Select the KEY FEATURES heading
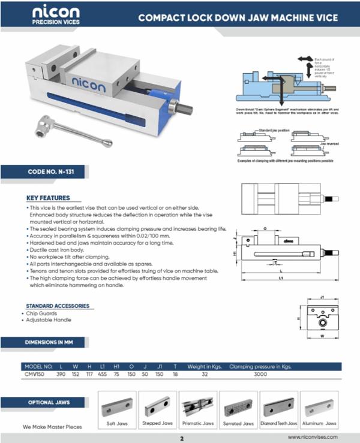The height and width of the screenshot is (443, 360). coord(48,198)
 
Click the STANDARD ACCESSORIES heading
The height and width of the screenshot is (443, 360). coord(58,306)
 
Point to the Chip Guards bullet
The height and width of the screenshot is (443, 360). coord(41,314)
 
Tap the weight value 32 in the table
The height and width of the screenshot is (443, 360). coord(204,375)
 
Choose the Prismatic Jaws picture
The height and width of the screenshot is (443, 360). coord(198,408)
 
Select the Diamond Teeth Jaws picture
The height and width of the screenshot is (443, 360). coord(280,408)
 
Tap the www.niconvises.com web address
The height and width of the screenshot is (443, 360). coord(313,438)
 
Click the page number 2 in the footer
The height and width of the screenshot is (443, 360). coord(181,438)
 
